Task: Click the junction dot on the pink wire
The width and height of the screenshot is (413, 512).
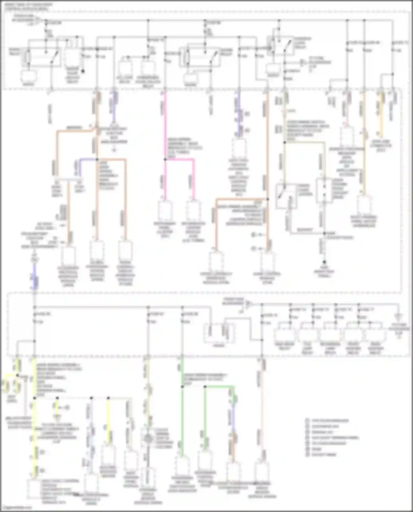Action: [x=165, y=159]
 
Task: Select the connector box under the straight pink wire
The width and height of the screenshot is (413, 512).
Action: [x=165, y=210]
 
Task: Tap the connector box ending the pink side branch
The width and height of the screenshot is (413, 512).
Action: [x=194, y=210]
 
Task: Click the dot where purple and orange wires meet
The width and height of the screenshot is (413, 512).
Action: [x=97, y=159]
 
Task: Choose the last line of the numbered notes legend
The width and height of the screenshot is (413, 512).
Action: [x=321, y=455]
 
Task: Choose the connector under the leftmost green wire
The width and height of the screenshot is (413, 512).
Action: [x=182, y=465]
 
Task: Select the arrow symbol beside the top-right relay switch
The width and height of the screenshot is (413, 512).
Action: [x=303, y=62]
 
